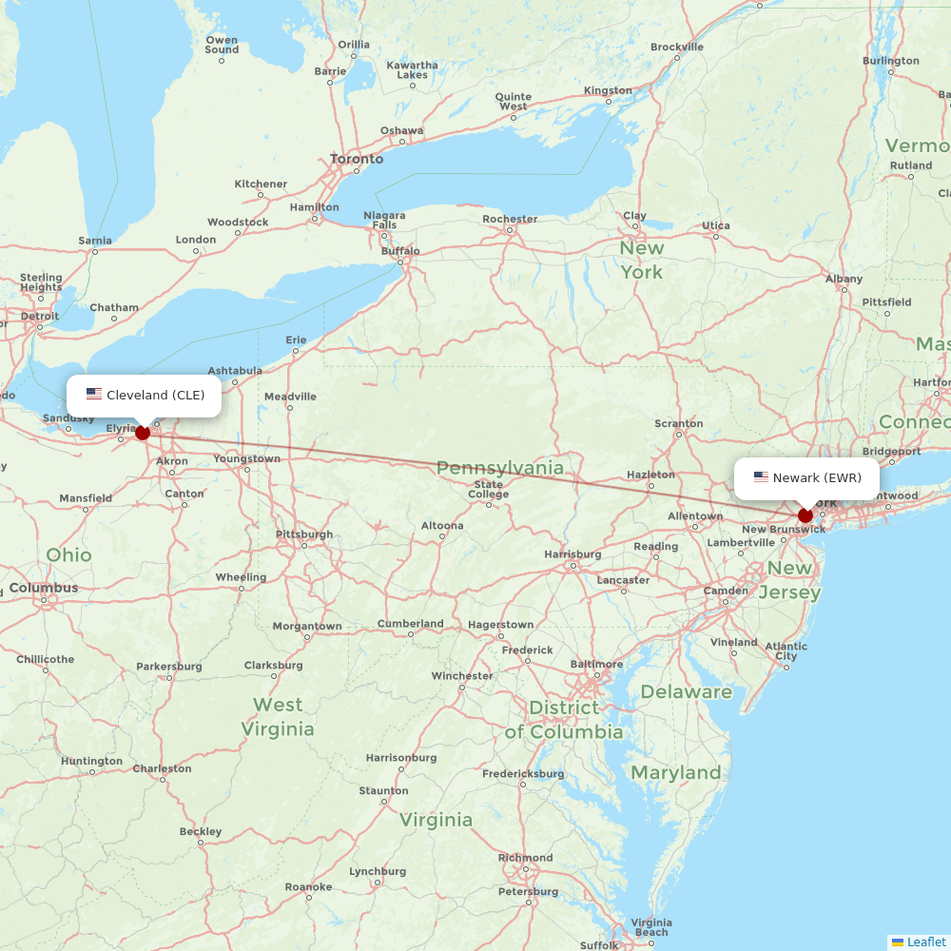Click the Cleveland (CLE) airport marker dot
(143, 433)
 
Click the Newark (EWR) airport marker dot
(805, 515)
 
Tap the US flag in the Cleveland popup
(94, 394)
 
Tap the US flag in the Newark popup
(761, 476)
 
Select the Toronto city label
(357, 159)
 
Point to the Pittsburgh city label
(304, 534)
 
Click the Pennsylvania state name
(500, 468)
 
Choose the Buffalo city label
(400, 251)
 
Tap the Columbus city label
(44, 588)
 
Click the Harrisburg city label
(573, 554)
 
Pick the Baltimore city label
(596, 664)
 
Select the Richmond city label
(525, 858)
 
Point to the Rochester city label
(510, 219)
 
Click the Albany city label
(844, 279)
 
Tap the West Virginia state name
(278, 717)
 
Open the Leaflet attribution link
(926, 941)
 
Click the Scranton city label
(679, 423)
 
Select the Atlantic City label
(786, 651)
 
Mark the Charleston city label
(162, 768)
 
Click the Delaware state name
(687, 691)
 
